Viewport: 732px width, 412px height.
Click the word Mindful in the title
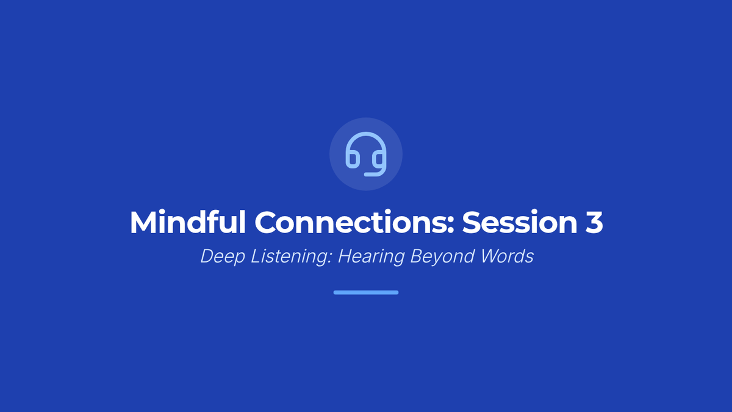188,222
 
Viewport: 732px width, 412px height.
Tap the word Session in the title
520,223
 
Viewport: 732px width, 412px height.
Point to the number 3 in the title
594,223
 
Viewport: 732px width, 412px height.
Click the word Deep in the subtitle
223,256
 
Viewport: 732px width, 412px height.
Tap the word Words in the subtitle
507,256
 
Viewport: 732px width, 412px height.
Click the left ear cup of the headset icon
353,159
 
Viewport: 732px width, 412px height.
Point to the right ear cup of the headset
379,159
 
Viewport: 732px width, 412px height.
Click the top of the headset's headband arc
366,134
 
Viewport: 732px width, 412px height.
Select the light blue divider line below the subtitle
366,292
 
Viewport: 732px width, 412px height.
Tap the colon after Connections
450,225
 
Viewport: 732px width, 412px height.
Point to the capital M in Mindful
143,222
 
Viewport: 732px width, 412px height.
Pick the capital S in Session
471,223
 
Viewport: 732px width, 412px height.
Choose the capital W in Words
491,256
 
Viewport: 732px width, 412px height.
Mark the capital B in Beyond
417,256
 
